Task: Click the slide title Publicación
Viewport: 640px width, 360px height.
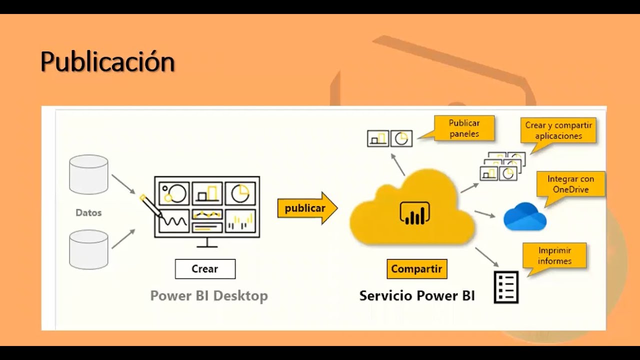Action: coord(107,62)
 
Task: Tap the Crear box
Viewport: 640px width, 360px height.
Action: coord(205,269)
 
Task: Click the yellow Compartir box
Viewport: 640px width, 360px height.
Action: coord(416,269)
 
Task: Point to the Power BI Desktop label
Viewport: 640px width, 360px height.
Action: coord(209,295)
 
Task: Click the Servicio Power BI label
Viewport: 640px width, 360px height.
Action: coord(417,295)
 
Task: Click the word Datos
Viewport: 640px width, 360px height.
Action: coord(88,212)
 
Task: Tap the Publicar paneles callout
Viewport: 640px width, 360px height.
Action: coord(464,128)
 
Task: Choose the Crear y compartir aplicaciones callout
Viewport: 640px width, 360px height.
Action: coord(558,130)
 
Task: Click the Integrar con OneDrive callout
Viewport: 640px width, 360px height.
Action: coord(570,184)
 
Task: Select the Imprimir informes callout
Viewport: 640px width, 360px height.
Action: coord(554,255)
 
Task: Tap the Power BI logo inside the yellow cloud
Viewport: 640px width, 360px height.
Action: coord(415,213)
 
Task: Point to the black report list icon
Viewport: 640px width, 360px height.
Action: coord(506,287)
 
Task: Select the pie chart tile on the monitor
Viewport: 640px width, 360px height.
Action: coord(240,192)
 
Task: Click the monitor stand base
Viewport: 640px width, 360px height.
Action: coord(207,245)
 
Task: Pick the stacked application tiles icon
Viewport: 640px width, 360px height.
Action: coord(503,166)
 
